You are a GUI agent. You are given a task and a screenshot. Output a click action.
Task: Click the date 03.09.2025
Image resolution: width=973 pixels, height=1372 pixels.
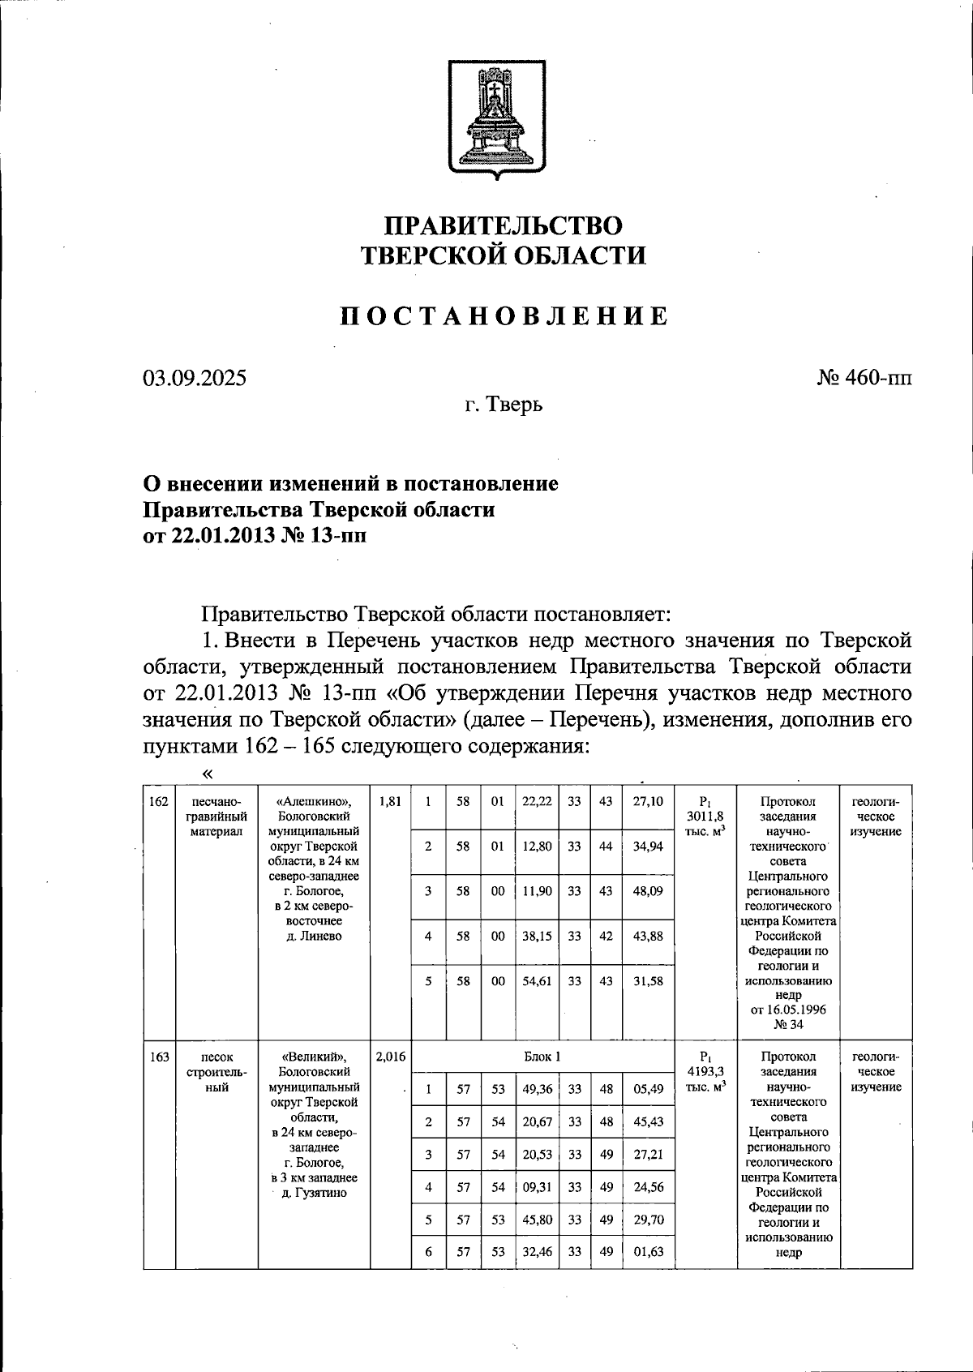pos(195,379)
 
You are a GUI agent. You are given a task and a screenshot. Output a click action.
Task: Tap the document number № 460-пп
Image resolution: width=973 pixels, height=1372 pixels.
pos(864,378)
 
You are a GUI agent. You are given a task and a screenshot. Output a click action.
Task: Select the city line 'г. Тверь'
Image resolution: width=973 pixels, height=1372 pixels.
pos(504,405)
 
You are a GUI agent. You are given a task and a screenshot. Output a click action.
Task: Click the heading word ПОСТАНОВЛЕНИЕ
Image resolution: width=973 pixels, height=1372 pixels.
pos(504,316)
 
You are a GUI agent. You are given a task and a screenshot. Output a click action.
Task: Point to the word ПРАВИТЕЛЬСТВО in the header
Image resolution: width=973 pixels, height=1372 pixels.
pos(504,225)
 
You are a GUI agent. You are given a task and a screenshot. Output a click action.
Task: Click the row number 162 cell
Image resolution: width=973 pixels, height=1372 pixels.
pos(159,801)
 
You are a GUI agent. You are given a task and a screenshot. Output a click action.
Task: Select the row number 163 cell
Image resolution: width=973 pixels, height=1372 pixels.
pos(159,1057)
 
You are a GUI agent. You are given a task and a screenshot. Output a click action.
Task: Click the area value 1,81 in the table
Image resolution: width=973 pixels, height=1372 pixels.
pos(390,801)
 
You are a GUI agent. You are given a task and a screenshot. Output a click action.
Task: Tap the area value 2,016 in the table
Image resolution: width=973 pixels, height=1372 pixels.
pos(390,1057)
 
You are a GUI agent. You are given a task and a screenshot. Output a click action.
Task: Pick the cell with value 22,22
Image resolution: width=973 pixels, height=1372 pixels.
pos(537,801)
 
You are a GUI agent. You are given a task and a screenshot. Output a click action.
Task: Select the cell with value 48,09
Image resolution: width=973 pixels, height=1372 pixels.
pos(648,890)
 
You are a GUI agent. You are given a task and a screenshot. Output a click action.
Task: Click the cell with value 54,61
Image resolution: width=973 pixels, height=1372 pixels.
pos(537,980)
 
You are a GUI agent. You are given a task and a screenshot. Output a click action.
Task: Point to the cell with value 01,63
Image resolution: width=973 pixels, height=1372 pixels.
pos(648,1251)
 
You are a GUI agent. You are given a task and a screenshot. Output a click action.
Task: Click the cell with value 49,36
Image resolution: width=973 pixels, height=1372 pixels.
pos(537,1089)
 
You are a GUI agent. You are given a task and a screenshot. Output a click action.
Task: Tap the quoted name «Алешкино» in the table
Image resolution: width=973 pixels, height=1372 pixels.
pos(314,801)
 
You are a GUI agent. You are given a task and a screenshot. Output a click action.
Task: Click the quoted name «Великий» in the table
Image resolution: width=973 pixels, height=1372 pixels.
pos(314,1057)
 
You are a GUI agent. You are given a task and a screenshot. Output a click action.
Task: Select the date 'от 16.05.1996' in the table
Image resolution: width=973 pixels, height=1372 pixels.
pos(788,1010)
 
